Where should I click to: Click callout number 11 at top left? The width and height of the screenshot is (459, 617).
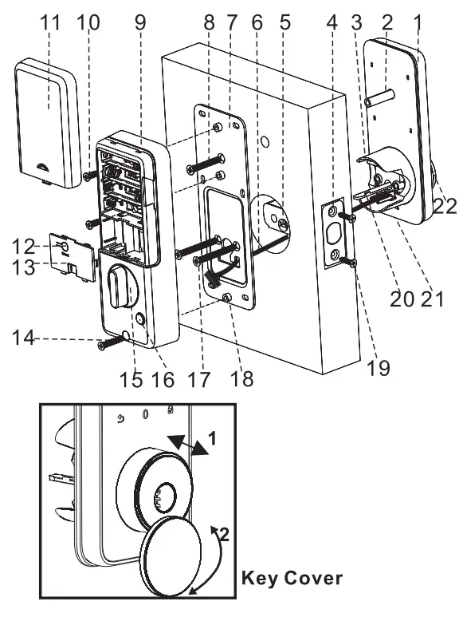coord(49,23)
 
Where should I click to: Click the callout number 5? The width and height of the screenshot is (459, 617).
coord(284,23)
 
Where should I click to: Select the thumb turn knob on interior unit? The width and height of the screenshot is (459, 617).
coord(122,287)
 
